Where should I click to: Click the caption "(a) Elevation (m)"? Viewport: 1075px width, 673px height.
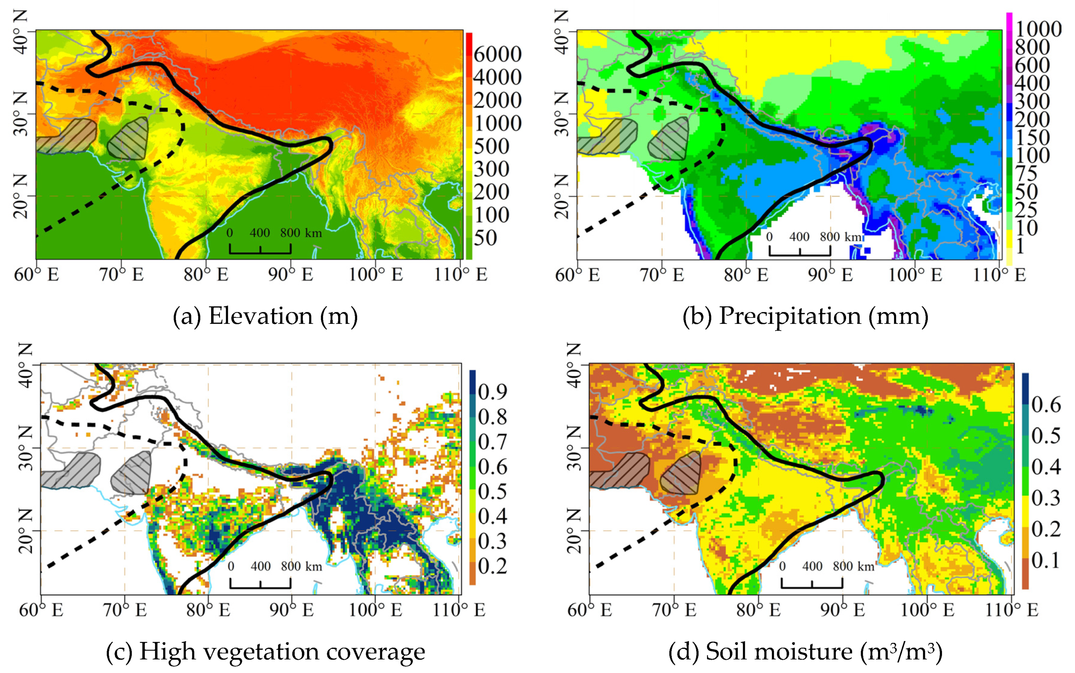click(x=265, y=316)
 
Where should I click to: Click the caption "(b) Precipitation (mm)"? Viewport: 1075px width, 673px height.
click(x=805, y=316)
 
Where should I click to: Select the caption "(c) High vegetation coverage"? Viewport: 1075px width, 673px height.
click(x=265, y=652)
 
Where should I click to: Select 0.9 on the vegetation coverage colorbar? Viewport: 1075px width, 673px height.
click(x=492, y=392)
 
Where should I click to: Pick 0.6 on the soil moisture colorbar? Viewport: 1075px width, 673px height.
click(x=1046, y=404)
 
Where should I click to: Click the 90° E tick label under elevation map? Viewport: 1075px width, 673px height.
click(x=291, y=275)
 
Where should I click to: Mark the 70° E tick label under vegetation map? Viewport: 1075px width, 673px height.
click(x=125, y=610)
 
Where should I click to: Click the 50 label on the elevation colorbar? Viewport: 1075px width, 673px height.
click(x=485, y=238)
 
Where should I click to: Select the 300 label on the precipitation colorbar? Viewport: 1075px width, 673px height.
click(x=1032, y=101)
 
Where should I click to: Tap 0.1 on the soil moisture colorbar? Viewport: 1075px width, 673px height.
click(x=1046, y=561)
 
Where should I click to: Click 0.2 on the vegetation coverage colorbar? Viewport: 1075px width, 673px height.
click(x=492, y=566)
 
